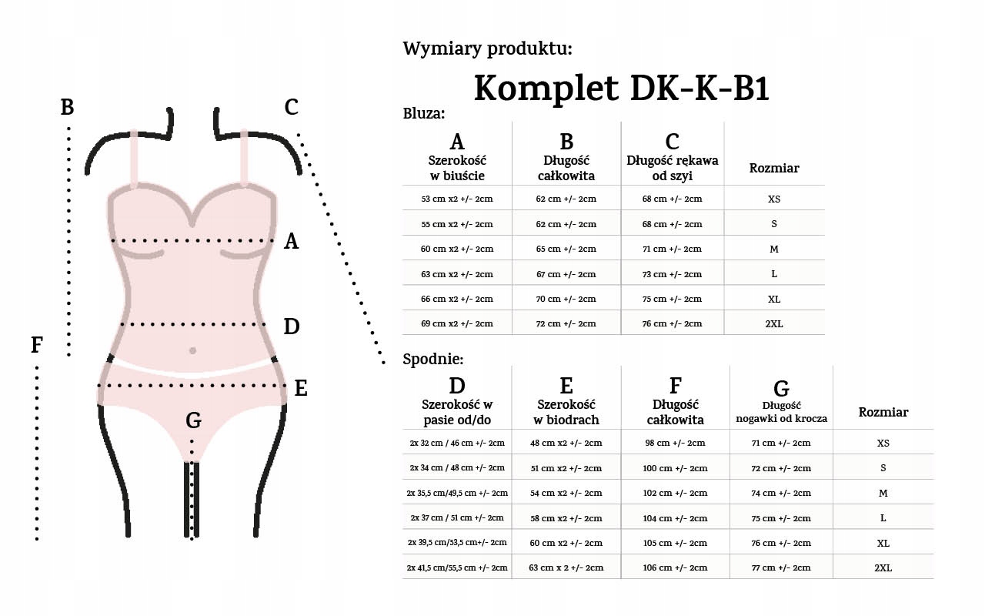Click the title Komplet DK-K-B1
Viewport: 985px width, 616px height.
click(x=621, y=89)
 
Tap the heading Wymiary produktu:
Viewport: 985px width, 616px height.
click(x=487, y=49)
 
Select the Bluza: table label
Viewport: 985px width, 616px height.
click(x=424, y=113)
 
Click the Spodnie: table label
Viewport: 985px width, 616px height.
click(x=432, y=358)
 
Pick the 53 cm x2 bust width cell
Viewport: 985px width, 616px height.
click(x=457, y=199)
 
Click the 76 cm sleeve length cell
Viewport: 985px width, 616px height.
click(x=672, y=324)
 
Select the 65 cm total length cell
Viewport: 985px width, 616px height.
click(x=566, y=249)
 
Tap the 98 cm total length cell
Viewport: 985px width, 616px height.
click(x=675, y=443)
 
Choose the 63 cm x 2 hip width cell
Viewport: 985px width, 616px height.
click(x=566, y=567)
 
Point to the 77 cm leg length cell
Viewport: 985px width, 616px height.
click(x=781, y=567)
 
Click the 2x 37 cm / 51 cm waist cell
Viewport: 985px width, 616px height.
click(x=457, y=517)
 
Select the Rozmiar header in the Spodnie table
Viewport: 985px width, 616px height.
click(x=883, y=412)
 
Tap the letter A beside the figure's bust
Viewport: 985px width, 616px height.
click(x=291, y=242)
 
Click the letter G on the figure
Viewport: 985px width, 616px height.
click(x=193, y=420)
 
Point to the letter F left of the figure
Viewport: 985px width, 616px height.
click(x=36, y=346)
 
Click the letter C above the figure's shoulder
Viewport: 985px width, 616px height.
click(x=291, y=107)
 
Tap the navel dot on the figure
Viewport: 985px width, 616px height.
click(x=192, y=350)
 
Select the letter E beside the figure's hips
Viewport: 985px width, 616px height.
click(x=301, y=389)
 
